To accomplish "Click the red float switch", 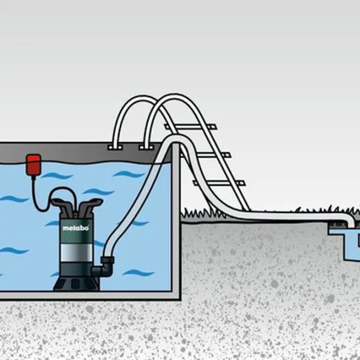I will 32,163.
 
